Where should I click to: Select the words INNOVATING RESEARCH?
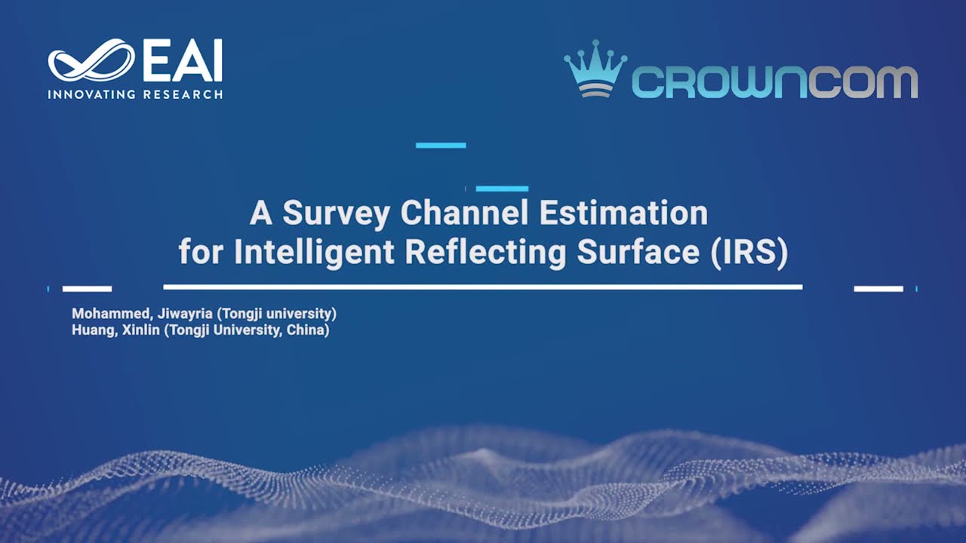pyautogui.click(x=135, y=94)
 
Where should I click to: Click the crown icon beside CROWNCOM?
pyautogui.click(x=595, y=68)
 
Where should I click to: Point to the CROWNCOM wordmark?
pyautogui.click(x=774, y=81)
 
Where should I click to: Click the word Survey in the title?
pyautogui.click(x=336, y=214)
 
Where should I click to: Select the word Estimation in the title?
pyautogui.click(x=623, y=214)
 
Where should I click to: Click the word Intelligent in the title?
pyautogui.click(x=314, y=253)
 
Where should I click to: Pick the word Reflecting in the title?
pyautogui.click(x=485, y=253)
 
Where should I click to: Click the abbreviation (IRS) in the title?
pyautogui.click(x=749, y=253)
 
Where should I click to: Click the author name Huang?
pyautogui.click(x=91, y=330)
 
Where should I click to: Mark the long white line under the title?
pyautogui.click(x=482, y=287)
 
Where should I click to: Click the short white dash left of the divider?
pyautogui.click(x=87, y=289)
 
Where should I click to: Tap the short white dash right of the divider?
pyautogui.click(x=878, y=289)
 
